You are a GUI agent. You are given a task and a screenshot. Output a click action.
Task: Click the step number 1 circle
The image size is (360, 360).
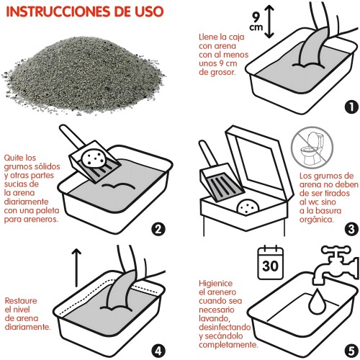pos(351,107)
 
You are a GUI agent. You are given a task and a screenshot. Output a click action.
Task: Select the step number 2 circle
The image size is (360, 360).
pos(159,230)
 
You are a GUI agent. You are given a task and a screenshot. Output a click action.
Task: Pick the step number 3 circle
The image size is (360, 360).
pos(351,230)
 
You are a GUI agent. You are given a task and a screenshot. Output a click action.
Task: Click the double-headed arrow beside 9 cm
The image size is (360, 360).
pos(270,19)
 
